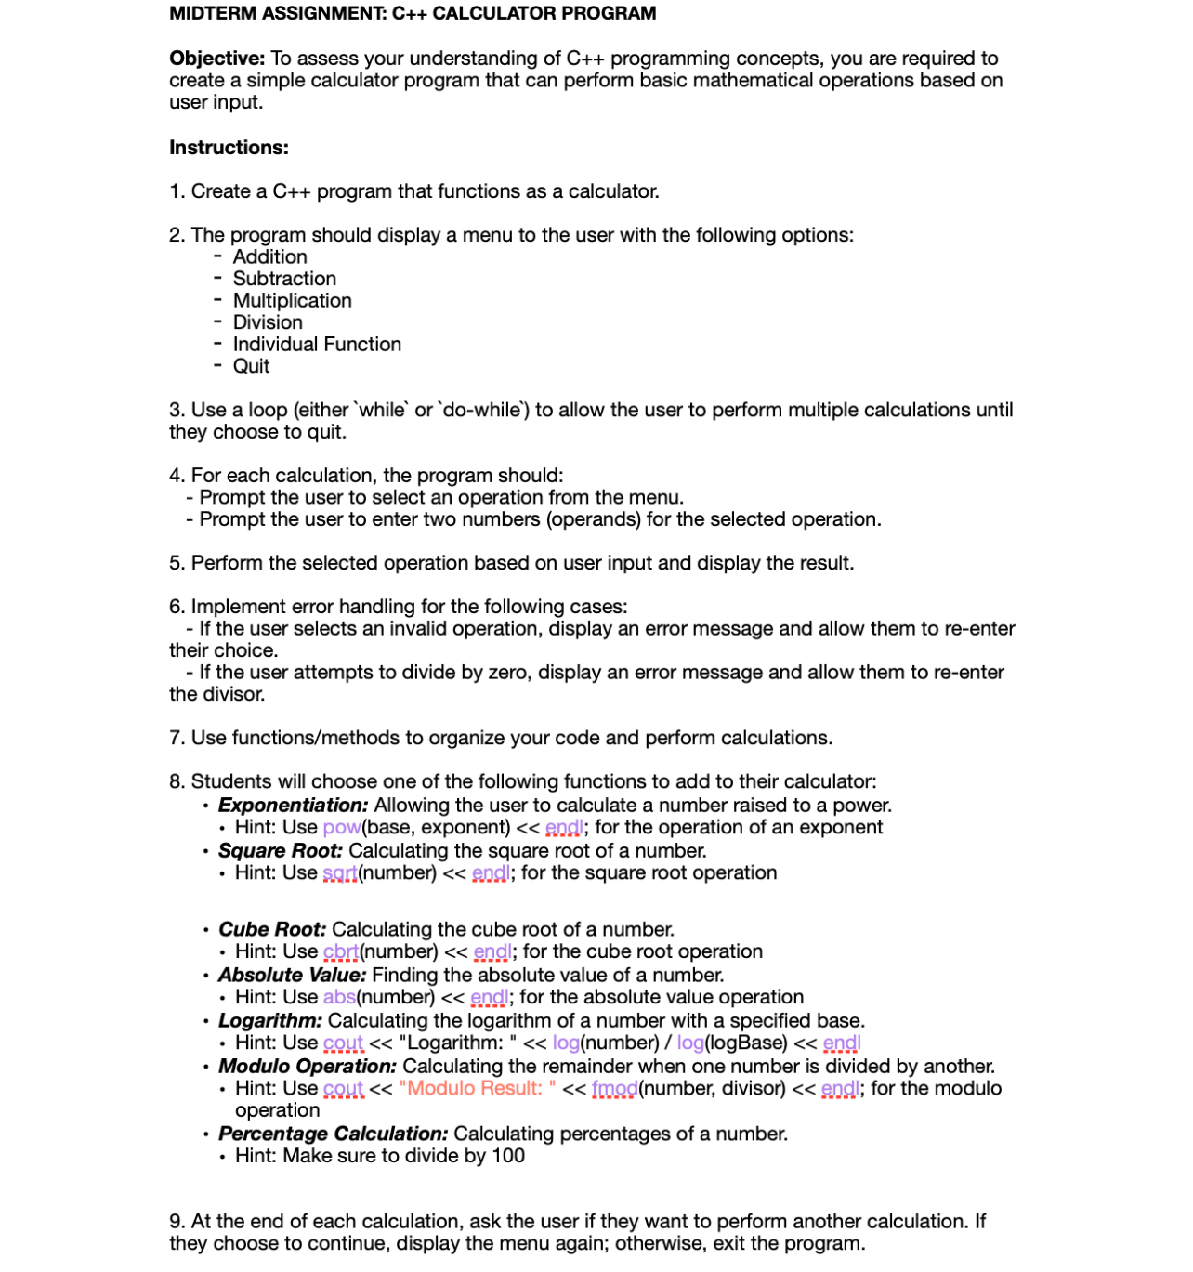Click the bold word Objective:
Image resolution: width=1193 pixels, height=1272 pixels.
[x=216, y=59]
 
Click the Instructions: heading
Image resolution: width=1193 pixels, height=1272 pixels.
[x=229, y=148]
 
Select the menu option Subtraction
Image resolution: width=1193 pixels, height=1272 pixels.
[x=284, y=279]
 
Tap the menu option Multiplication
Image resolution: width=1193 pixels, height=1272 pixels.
[x=292, y=301]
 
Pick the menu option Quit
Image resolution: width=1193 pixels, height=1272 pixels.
[x=251, y=366]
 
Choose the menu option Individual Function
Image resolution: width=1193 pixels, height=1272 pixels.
[x=317, y=345]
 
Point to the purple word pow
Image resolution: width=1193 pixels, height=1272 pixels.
[x=341, y=828]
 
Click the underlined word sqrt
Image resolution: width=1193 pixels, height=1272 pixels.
[x=339, y=873]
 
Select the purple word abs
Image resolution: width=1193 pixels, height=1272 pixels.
[x=339, y=998]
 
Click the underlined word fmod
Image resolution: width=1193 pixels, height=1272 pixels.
[x=614, y=1089]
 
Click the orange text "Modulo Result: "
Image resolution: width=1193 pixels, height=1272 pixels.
[x=477, y=1089]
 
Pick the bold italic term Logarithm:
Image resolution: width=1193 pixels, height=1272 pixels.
[x=270, y=1021]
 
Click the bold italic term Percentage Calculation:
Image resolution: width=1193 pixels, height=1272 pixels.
[x=333, y=1134]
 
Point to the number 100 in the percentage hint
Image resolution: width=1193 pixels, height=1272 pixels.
[x=508, y=1157]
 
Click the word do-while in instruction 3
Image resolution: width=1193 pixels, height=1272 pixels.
[x=482, y=411]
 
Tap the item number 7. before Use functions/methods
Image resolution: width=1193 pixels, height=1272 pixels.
[x=177, y=739]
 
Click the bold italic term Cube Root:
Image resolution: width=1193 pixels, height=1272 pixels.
[x=272, y=930]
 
